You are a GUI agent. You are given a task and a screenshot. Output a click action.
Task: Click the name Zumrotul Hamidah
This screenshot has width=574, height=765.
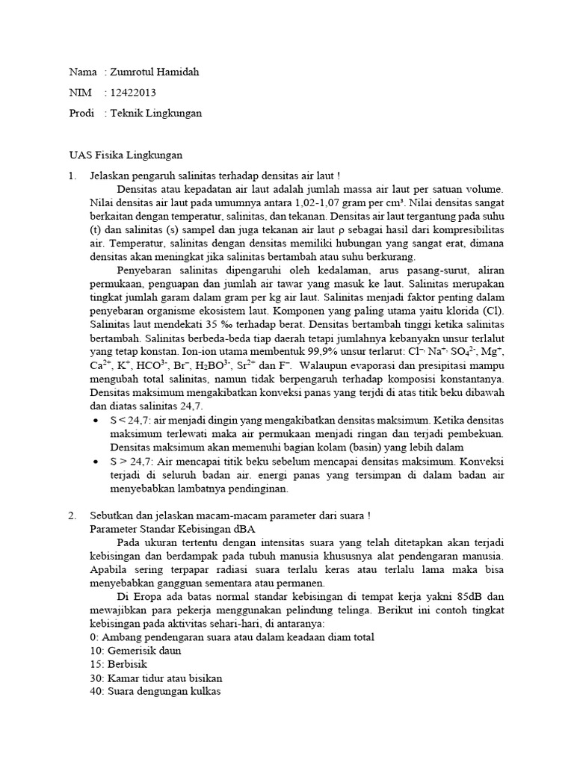pos(155,72)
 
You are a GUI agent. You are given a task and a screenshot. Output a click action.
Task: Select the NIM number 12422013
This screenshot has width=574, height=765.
pos(133,93)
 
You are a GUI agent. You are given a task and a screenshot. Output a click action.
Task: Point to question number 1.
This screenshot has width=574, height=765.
pos(72,176)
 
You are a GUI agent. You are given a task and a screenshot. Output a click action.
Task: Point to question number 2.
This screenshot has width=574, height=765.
pos(72,515)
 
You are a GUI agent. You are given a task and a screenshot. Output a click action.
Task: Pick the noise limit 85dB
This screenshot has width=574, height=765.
pos(451,596)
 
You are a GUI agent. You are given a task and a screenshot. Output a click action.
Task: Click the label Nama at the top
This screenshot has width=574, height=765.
pos(82,72)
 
